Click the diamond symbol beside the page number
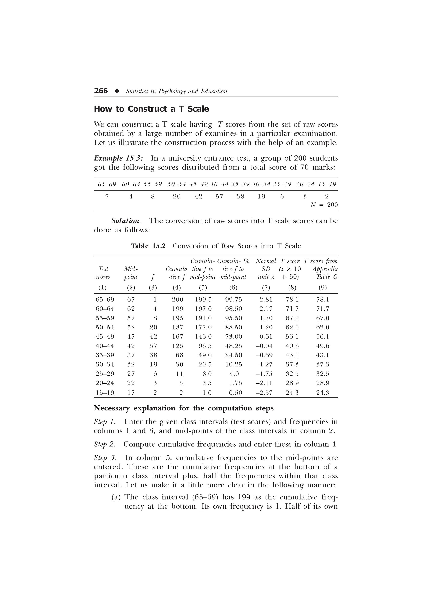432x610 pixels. point(117,91)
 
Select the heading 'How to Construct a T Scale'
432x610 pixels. point(151,109)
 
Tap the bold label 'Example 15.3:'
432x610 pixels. point(118,158)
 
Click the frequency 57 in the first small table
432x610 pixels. point(219,197)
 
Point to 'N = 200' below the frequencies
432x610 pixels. point(324,205)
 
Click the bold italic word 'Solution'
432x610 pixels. point(125,221)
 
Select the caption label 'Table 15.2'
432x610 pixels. point(148,246)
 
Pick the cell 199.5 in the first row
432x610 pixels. point(203,300)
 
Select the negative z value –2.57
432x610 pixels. point(264,393)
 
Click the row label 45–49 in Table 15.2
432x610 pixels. point(105,337)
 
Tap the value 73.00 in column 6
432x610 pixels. point(234,337)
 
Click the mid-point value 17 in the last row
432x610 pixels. point(131,393)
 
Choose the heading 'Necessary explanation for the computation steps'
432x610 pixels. point(184,408)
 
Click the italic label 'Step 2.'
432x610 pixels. point(105,444)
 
